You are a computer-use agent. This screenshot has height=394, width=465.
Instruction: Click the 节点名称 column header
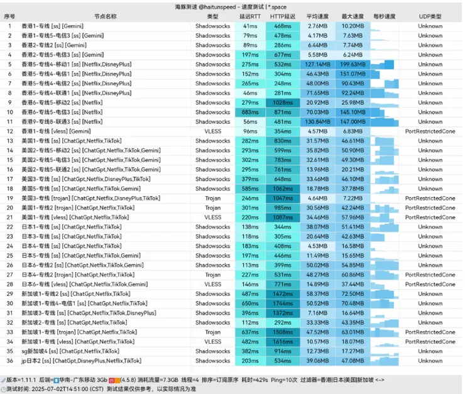coord(105,16)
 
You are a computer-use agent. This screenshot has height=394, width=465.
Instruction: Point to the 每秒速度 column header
coord(384,16)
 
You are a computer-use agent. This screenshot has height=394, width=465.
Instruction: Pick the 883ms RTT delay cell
coord(250,112)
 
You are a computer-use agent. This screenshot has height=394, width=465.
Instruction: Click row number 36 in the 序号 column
coord(10,361)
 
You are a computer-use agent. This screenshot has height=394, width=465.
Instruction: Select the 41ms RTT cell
coord(250,26)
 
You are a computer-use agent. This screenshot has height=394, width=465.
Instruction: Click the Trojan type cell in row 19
coord(213,198)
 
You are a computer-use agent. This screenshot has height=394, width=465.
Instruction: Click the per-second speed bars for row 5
coord(384,64)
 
